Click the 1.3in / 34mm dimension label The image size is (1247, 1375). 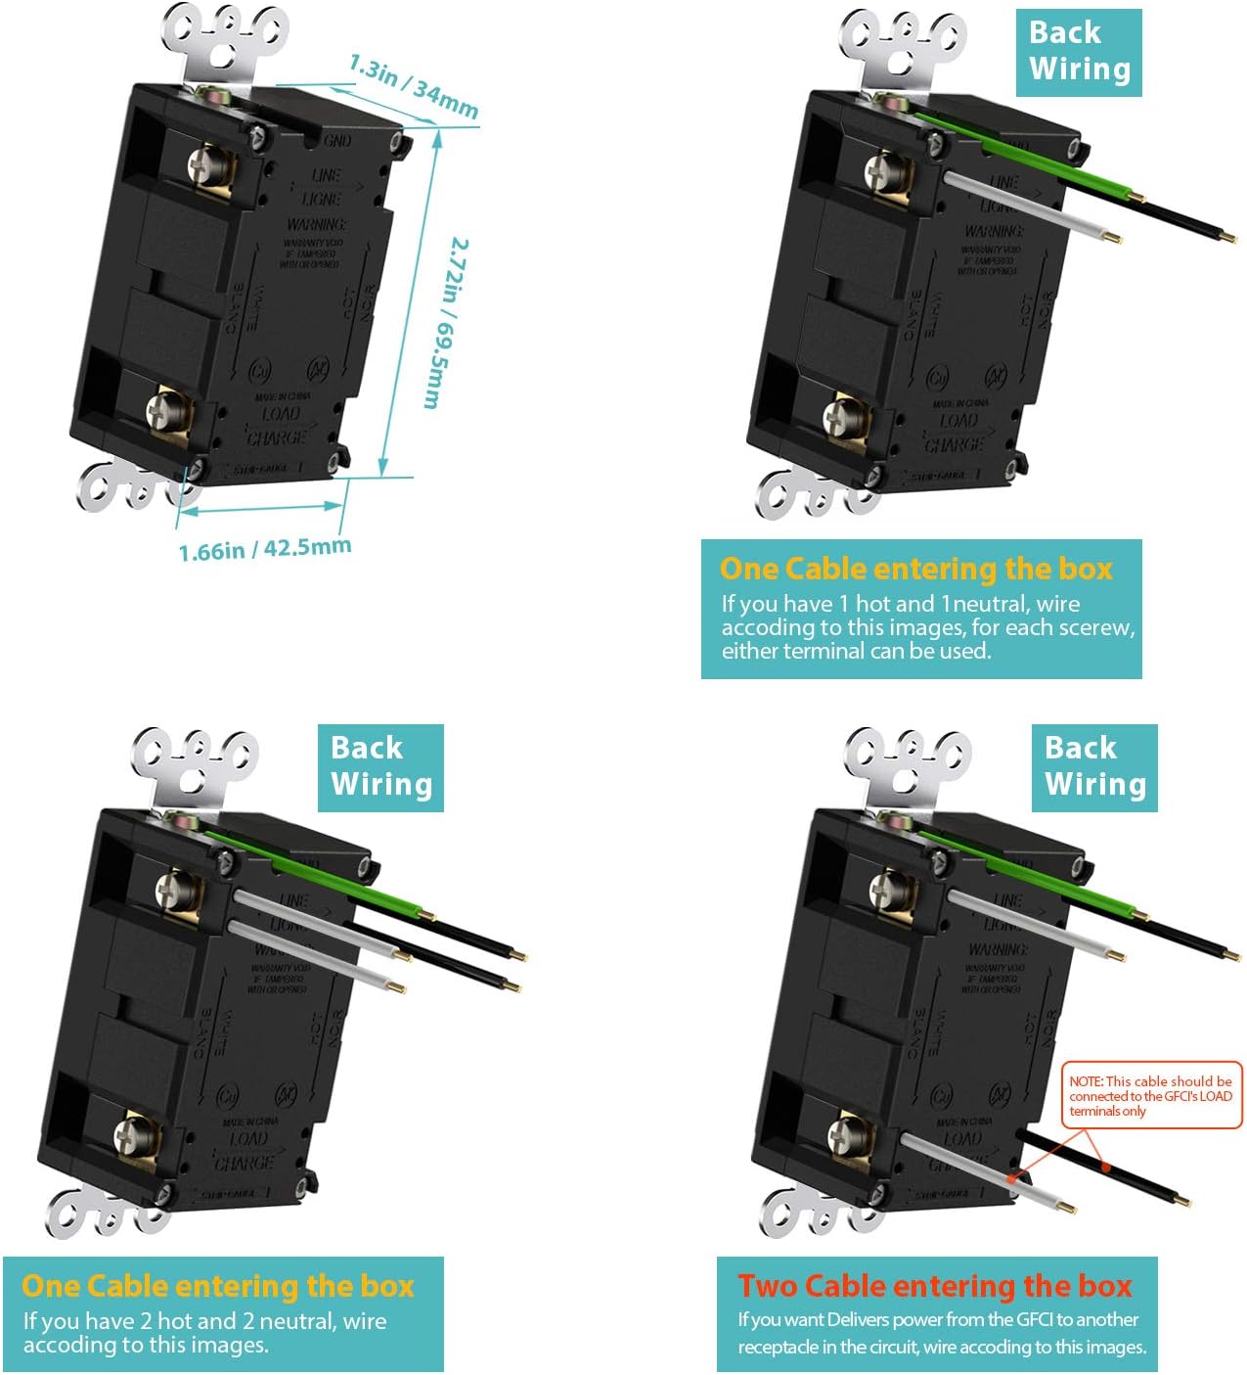click(414, 86)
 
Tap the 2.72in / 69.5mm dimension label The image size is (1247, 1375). click(447, 323)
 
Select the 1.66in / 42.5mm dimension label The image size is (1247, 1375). click(264, 549)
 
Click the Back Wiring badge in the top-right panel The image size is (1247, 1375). click(1079, 52)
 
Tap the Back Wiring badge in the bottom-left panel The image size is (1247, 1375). click(380, 767)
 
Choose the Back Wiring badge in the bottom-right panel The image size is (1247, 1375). click(1094, 767)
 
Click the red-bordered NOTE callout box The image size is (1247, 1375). click(1151, 1095)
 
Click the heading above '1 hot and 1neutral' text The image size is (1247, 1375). click(915, 569)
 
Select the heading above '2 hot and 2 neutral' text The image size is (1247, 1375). click(218, 1285)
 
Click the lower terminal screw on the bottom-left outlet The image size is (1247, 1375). click(130, 1135)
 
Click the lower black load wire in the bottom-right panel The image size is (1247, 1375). click(1105, 1168)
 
